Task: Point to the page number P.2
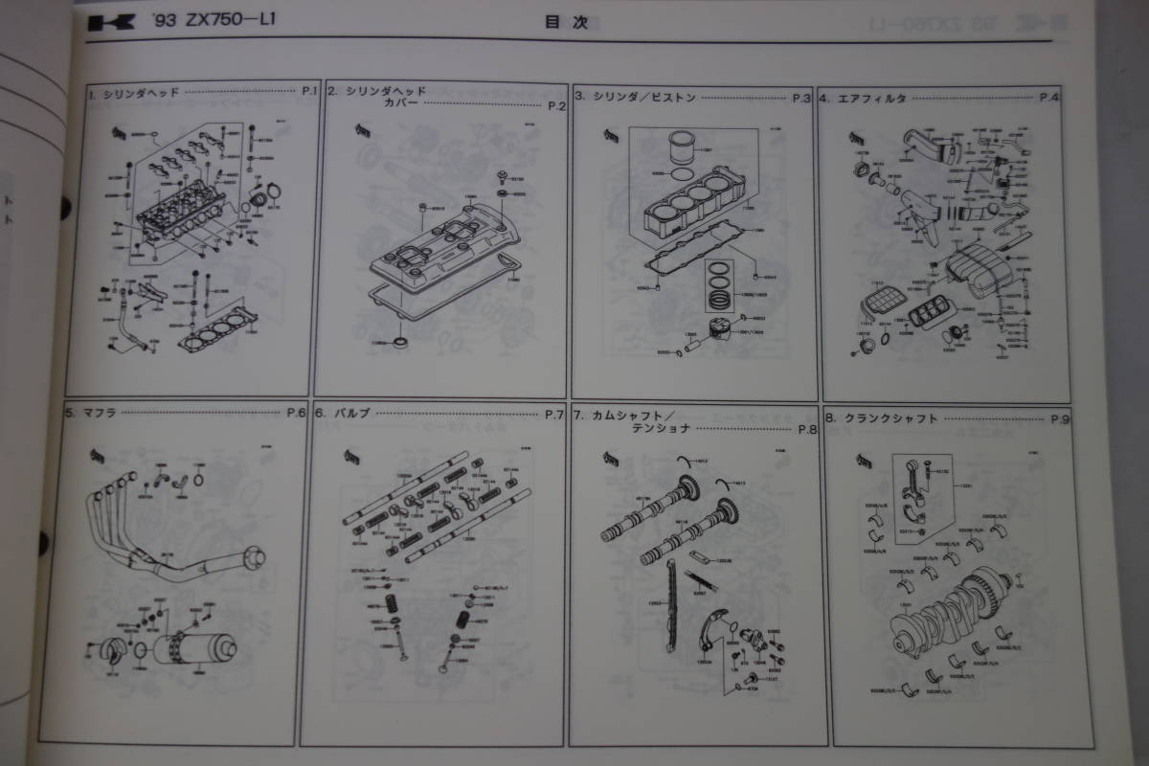click(x=557, y=106)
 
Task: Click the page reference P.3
click(x=802, y=98)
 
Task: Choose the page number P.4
click(x=1049, y=98)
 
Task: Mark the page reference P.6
click(x=296, y=414)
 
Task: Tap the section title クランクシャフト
click(x=890, y=418)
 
